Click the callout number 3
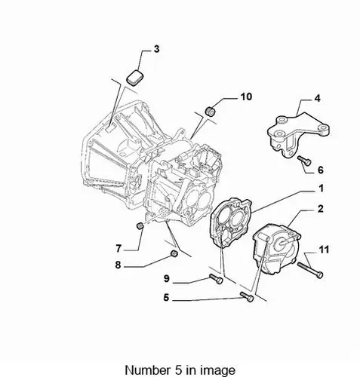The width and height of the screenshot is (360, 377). (156, 49)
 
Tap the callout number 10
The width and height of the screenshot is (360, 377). (246, 97)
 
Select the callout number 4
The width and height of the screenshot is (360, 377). (318, 98)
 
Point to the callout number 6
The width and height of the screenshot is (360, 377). (320, 170)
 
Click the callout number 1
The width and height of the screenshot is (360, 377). (321, 188)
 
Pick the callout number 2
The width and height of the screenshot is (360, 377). (320, 209)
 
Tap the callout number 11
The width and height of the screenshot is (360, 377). (324, 250)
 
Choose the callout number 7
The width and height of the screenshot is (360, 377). (118, 249)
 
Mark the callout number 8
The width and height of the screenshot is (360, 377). (118, 265)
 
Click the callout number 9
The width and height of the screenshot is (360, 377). (167, 278)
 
